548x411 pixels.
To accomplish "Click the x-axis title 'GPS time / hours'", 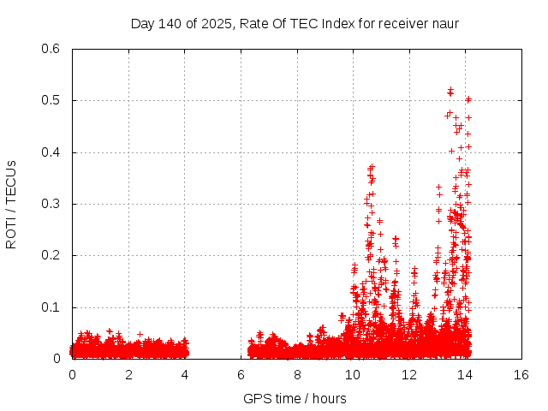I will click(295, 398).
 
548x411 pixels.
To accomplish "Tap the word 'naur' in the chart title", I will click(445, 23).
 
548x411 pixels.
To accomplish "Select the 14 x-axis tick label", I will click(465, 375).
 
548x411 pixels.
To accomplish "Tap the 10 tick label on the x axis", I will click(353, 375).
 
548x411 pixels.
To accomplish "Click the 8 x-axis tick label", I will click(297, 375).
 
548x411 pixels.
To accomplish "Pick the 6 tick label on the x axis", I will click(241, 375).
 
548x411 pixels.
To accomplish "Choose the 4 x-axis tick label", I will click(185, 375).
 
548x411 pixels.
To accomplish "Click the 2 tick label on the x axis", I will click(128, 375).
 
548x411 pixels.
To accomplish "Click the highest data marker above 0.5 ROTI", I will click(450, 89).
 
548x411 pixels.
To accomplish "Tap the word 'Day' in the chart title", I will click(142, 23).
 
